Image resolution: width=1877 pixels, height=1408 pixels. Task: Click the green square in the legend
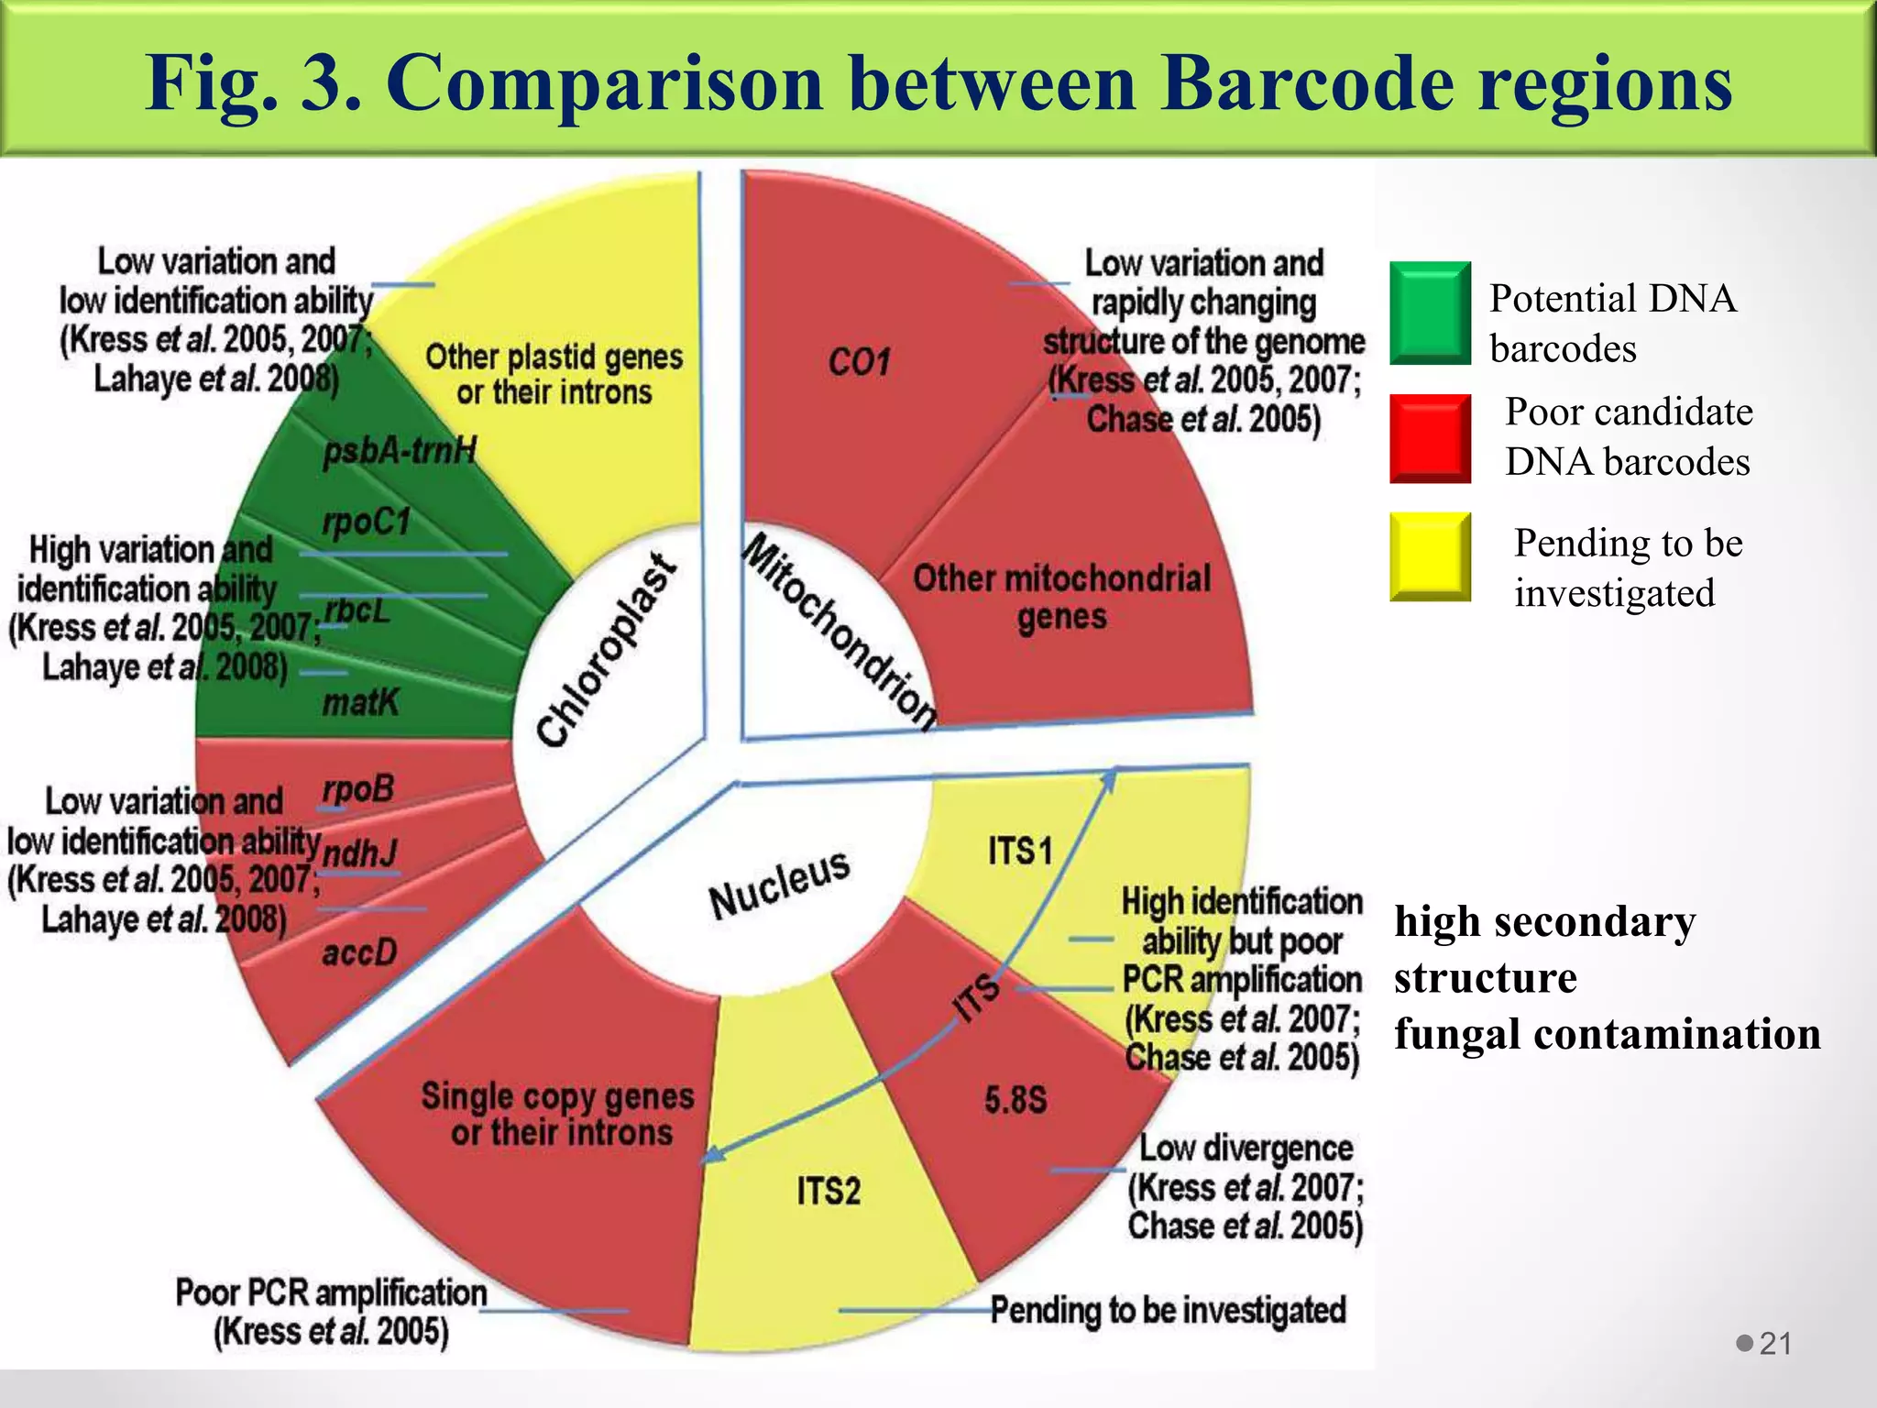tap(1430, 313)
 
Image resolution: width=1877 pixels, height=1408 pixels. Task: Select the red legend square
tap(1430, 438)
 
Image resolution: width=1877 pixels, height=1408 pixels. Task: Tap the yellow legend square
tap(1430, 556)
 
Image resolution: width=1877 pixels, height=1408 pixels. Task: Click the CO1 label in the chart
tap(859, 362)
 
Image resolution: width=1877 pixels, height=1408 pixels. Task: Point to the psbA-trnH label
tap(400, 451)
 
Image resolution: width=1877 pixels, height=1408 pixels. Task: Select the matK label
tap(360, 703)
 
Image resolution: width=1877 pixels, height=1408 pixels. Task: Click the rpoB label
tap(357, 788)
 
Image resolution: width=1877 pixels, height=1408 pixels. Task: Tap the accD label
tap(359, 953)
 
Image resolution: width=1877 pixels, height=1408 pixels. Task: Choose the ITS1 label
tap(1019, 851)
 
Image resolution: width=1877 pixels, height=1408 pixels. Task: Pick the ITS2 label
tap(829, 1191)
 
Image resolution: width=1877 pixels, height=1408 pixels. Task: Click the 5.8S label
tap(1015, 1099)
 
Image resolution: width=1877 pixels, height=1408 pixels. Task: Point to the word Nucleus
tap(779, 884)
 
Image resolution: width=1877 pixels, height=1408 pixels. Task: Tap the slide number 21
tap(1775, 1344)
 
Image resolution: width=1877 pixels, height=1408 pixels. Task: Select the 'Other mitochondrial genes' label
tap(1061, 597)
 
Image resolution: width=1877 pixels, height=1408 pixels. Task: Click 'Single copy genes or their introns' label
tap(558, 1114)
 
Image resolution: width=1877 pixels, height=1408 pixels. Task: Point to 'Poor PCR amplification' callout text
tap(331, 1293)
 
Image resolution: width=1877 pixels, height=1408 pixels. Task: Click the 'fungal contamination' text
tap(1607, 1034)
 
